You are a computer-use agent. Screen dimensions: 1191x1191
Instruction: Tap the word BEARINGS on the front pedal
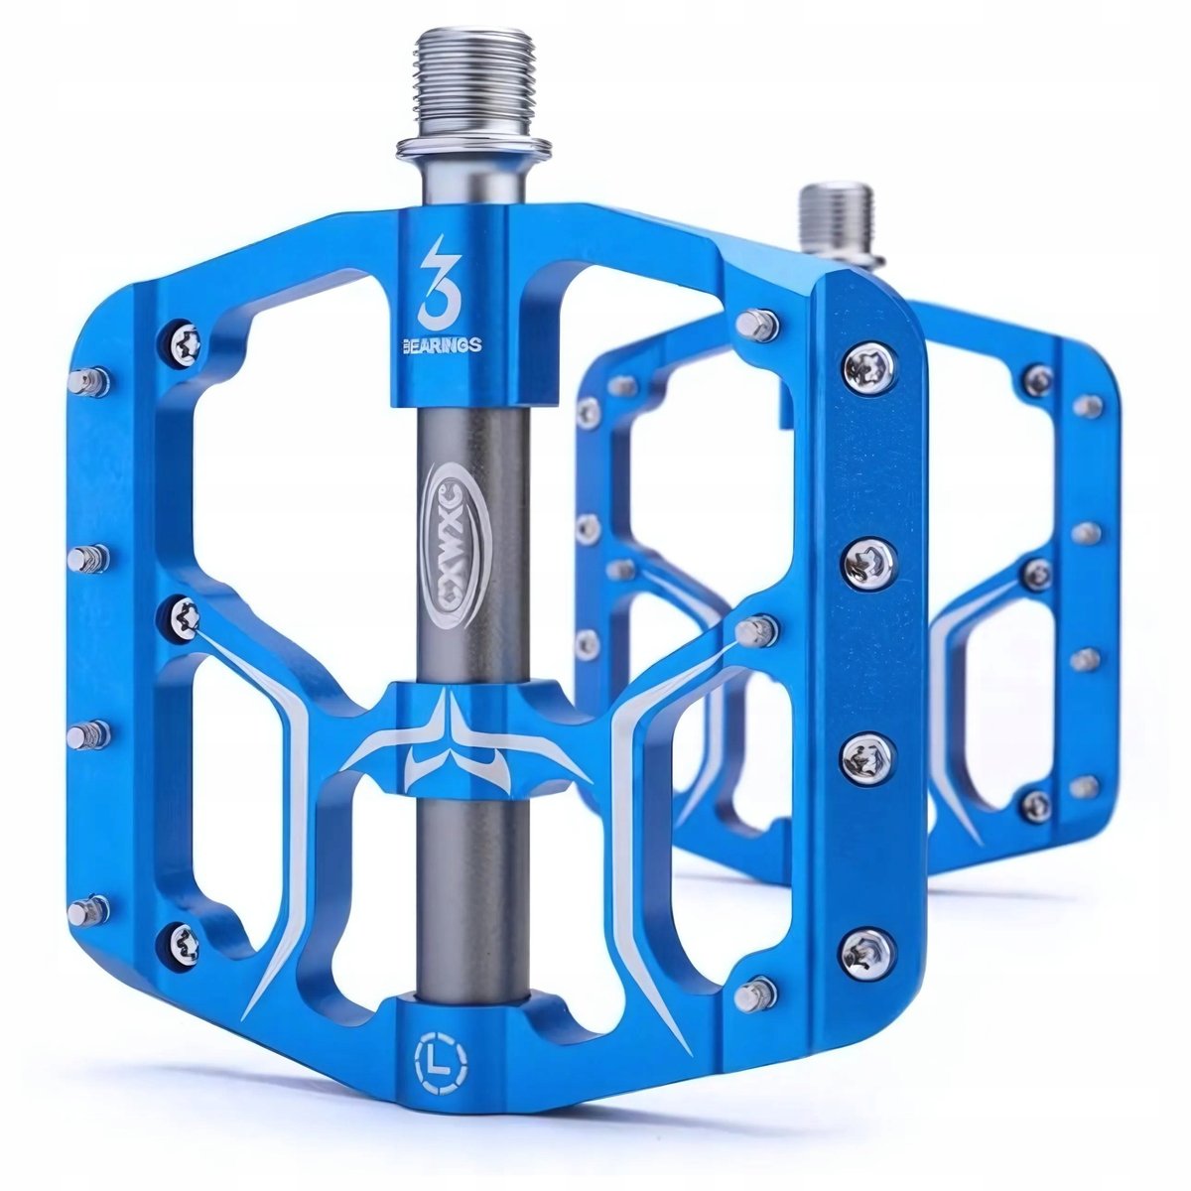tap(438, 344)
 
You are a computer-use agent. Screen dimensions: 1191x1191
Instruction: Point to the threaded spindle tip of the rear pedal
tap(837, 212)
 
